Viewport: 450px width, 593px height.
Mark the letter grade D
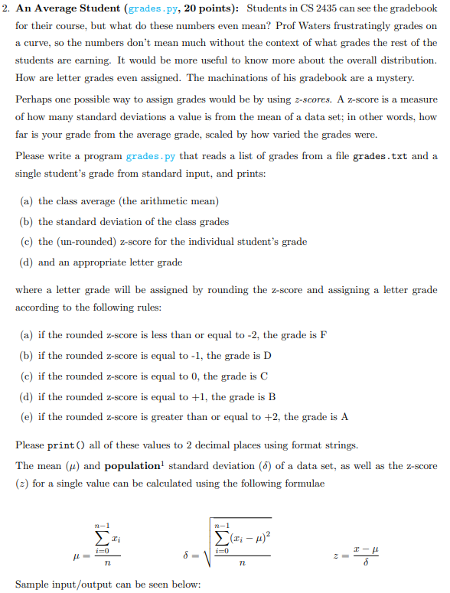click(267, 356)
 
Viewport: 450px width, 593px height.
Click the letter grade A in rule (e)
click(344, 417)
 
